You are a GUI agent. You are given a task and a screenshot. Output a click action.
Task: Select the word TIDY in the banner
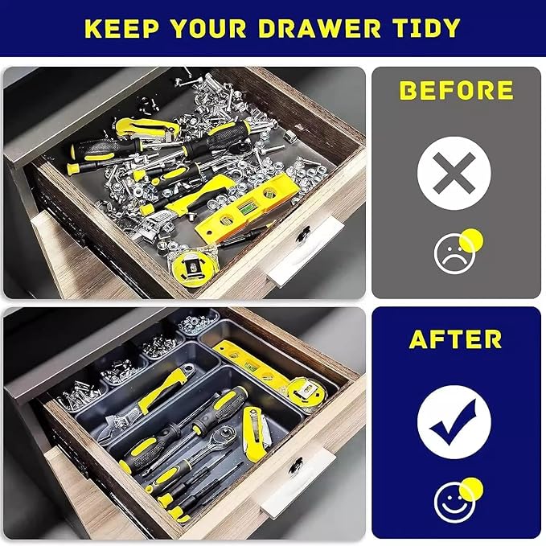(428, 28)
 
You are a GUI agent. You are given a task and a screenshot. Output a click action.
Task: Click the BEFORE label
(456, 91)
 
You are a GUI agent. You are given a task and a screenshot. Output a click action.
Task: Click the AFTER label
(455, 339)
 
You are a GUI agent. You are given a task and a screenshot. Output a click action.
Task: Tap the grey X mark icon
(454, 173)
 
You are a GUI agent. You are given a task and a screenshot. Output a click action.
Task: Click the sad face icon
(454, 253)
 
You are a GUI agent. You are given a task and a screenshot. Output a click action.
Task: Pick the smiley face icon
(454, 503)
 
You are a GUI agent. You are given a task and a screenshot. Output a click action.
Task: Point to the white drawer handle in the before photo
(306, 252)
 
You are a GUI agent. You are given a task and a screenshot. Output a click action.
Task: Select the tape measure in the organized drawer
(306, 392)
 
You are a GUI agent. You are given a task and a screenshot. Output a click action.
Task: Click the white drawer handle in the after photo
(298, 482)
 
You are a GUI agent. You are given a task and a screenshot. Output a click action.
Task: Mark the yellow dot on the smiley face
(471, 490)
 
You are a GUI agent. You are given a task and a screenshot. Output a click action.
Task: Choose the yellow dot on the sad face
(471, 240)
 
